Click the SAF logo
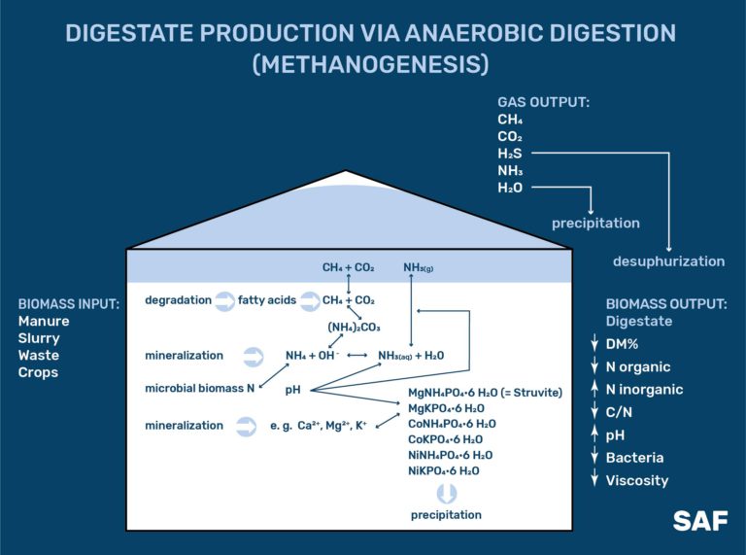point(699,520)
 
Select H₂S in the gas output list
point(510,154)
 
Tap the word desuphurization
point(668,261)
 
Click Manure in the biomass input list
point(44,321)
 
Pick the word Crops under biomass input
point(38,372)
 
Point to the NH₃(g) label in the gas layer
point(420,266)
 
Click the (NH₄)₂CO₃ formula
point(353,328)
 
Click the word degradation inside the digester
point(178,300)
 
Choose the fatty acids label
point(265,300)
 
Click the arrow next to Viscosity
point(593,480)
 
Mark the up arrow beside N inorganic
point(593,390)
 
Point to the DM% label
point(627,344)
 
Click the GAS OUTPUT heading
point(544,101)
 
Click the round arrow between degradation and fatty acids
point(223,300)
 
